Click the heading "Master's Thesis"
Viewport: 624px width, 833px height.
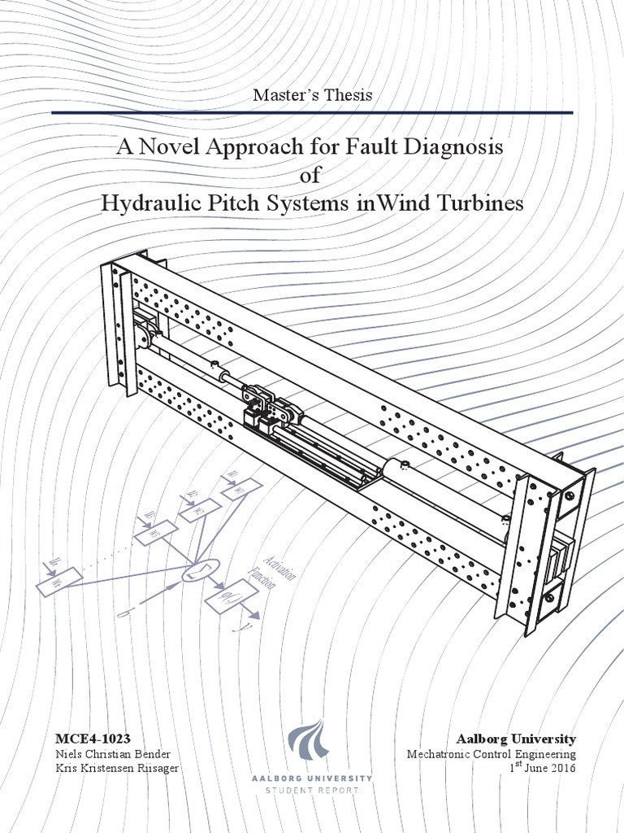click(x=312, y=94)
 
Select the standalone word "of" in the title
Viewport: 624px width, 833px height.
click(x=312, y=176)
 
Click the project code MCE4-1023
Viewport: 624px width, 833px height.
click(x=93, y=739)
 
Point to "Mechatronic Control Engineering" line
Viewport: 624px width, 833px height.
click(x=491, y=755)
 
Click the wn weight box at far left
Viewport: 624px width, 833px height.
click(x=58, y=581)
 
